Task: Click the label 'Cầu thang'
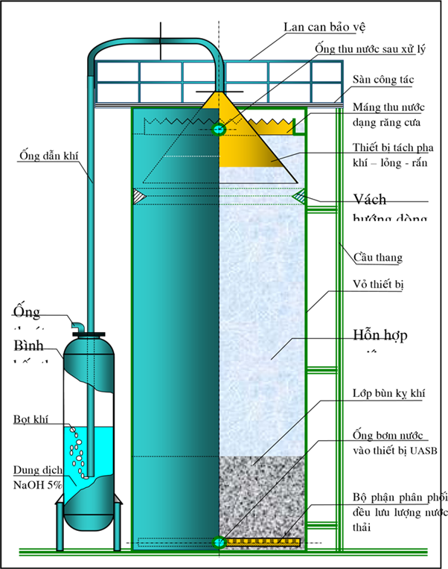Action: pyautogui.click(x=378, y=258)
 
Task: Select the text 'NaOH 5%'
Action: pyautogui.click(x=38, y=484)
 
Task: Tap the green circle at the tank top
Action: pyautogui.click(x=219, y=130)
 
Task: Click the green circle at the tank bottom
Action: pyautogui.click(x=219, y=542)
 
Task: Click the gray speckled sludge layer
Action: pyautogui.click(x=260, y=492)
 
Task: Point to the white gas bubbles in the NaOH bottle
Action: pyautogui.click(x=76, y=451)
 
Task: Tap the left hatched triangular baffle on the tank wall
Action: pyautogui.click(x=138, y=196)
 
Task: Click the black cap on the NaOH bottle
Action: pyautogui.click(x=89, y=333)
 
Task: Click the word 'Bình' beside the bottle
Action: pyautogui.click(x=28, y=347)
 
